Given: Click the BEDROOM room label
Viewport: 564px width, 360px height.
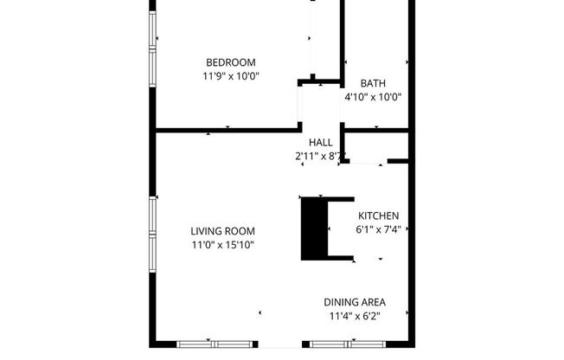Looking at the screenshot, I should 230,61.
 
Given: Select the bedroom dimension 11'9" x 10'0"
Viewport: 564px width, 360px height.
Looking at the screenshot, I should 230,76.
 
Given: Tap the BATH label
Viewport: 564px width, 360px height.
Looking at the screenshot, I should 373,83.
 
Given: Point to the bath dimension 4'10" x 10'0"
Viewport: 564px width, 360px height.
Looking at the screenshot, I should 373,98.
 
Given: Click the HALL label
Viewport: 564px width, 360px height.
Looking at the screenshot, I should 321,143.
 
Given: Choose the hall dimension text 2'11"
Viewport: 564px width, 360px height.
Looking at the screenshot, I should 306,157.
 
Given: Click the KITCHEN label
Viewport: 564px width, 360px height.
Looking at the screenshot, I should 379,215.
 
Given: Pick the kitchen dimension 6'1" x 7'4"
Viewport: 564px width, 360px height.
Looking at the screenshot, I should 379,230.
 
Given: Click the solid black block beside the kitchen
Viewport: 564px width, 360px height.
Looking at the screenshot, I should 311,228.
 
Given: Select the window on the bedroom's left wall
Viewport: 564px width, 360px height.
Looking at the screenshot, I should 154,32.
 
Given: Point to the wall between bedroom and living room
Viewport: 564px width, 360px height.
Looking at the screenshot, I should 225,131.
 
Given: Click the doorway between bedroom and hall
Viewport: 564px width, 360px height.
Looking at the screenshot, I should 299,108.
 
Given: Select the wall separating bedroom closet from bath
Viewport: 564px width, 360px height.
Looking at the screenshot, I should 343,39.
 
